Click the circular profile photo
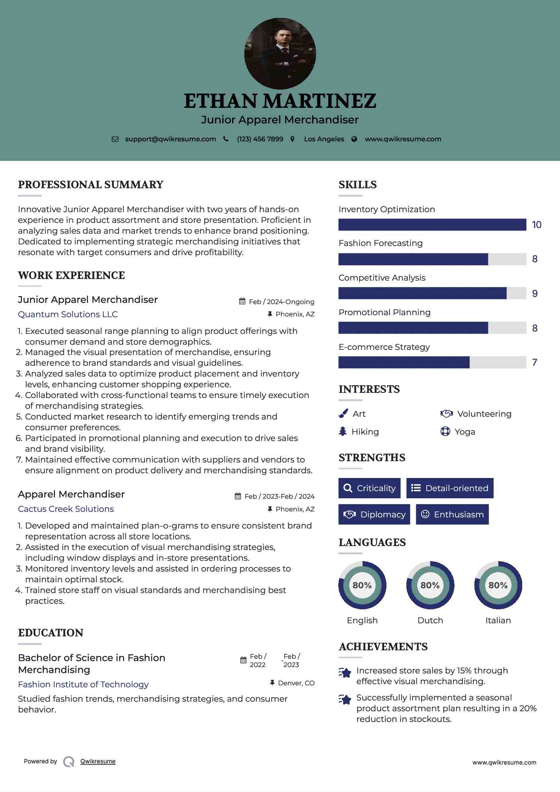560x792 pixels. point(280,53)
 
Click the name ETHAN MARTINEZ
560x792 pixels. point(280,101)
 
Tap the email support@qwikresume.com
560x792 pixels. point(170,139)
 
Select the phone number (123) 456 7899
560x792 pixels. point(260,139)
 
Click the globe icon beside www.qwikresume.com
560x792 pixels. point(354,139)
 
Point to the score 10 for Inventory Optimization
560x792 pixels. point(537,225)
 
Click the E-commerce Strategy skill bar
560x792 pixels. point(432,362)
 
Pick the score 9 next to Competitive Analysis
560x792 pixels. point(535,294)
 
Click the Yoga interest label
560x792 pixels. point(465,432)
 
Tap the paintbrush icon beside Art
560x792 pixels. point(343,414)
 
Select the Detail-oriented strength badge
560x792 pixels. point(450,488)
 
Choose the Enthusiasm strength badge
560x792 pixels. point(452,514)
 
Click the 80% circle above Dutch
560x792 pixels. point(430,585)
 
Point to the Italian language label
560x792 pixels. point(498,620)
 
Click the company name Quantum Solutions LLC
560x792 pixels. point(68,314)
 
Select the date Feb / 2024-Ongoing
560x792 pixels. point(281,302)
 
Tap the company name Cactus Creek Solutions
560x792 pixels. point(66,509)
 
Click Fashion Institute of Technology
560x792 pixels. point(83,685)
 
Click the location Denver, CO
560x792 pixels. point(296,683)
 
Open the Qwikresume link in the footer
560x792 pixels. point(98,761)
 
